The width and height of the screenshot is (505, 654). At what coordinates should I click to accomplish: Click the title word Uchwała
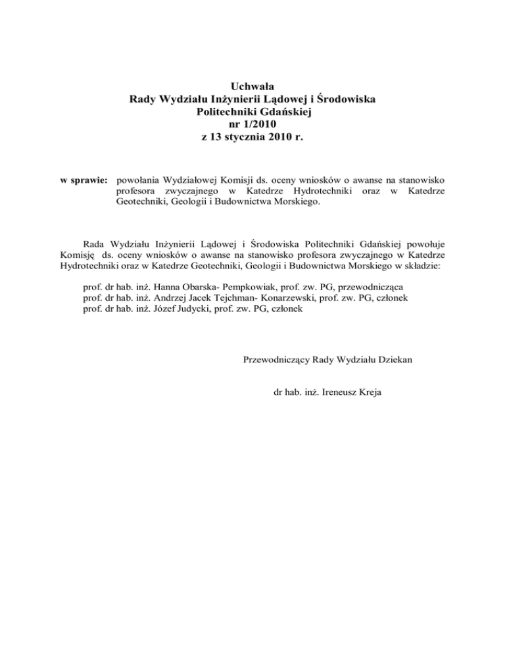252,86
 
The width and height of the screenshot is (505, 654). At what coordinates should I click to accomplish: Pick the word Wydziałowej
195,179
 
